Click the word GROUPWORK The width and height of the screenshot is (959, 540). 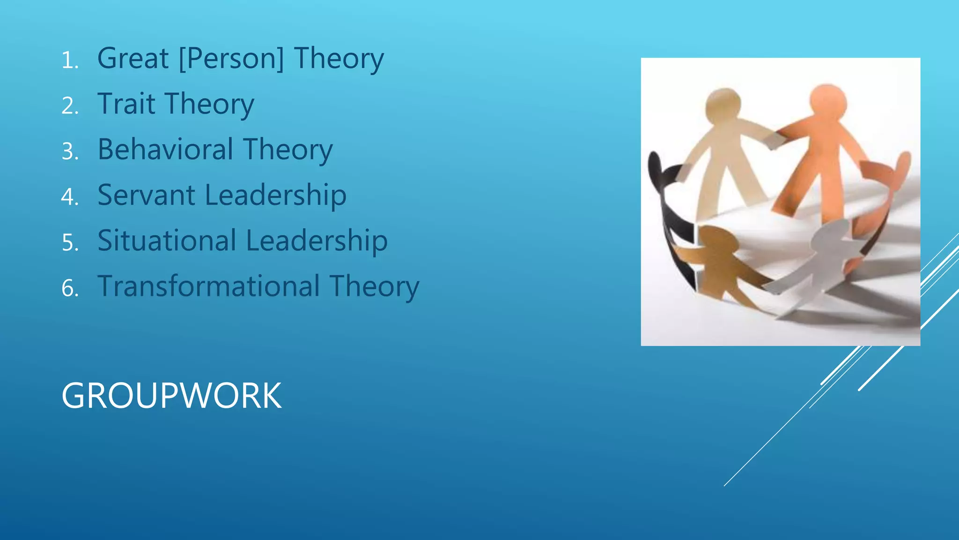click(171, 396)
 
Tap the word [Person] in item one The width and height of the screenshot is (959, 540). click(231, 59)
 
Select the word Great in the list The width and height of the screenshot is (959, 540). click(133, 59)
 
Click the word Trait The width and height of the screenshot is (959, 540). click(126, 104)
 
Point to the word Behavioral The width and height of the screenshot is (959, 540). click(165, 150)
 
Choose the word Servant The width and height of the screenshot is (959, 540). click(146, 195)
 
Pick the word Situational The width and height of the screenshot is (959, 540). click(167, 240)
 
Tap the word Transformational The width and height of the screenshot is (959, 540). click(209, 286)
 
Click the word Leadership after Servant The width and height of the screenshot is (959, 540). click(276, 195)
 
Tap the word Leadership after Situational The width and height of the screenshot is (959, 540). click(317, 240)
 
